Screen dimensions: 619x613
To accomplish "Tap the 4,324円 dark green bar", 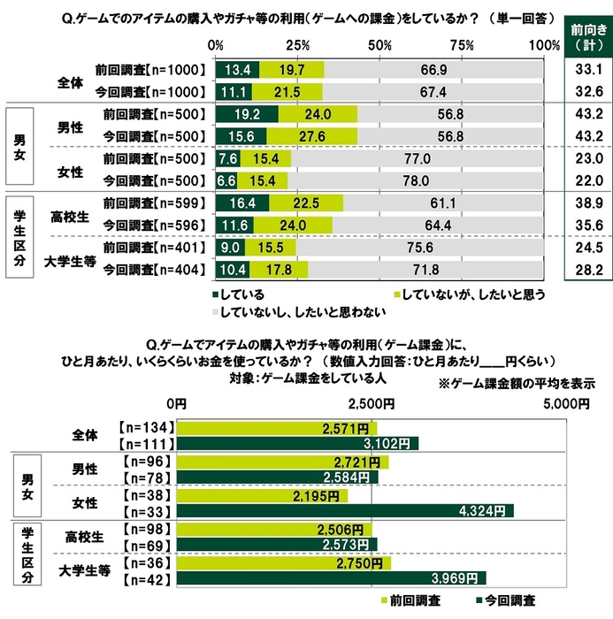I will coord(346,510).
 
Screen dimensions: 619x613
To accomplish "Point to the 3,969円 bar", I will coord(332,577).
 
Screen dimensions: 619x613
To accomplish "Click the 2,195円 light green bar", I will coord(264,495).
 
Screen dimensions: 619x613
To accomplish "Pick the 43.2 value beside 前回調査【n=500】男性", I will coord(583,113).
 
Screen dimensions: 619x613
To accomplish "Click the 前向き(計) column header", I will coord(583,35).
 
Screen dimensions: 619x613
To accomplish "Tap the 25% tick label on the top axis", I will coord(297,45).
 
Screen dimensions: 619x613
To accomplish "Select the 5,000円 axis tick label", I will coord(563,403).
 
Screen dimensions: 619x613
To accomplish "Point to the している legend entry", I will coord(239,294).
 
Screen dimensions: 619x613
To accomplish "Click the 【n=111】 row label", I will coord(145,443).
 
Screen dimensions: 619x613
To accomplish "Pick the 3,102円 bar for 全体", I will coord(298,443).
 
